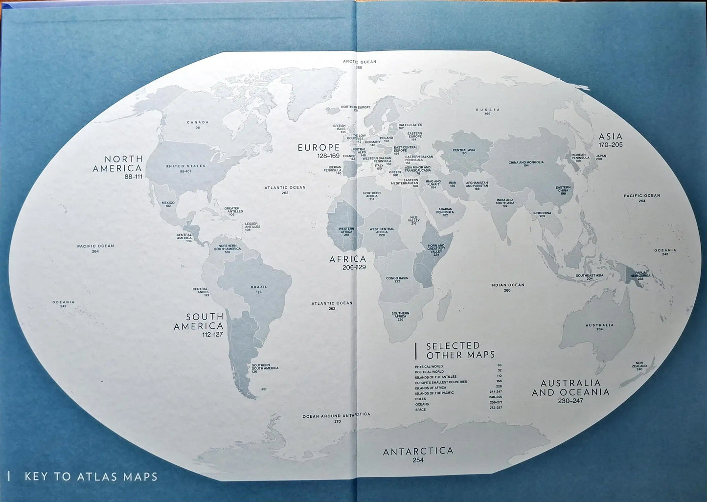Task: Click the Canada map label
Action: [x=198, y=122]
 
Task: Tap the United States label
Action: [x=185, y=166]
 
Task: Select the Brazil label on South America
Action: [x=259, y=287]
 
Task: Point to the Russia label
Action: [x=488, y=110]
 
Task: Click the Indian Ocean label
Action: [x=507, y=285]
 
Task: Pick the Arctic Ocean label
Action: [x=359, y=62]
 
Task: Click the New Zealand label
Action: [x=639, y=365]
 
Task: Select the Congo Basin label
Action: [x=397, y=278]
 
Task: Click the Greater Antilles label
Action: [x=232, y=209]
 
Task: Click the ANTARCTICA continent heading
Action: [x=418, y=451]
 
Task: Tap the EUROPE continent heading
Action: [x=319, y=147]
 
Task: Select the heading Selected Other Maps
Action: [x=460, y=350]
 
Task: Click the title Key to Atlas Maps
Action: [x=91, y=476]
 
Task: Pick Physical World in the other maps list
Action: [x=429, y=366]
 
